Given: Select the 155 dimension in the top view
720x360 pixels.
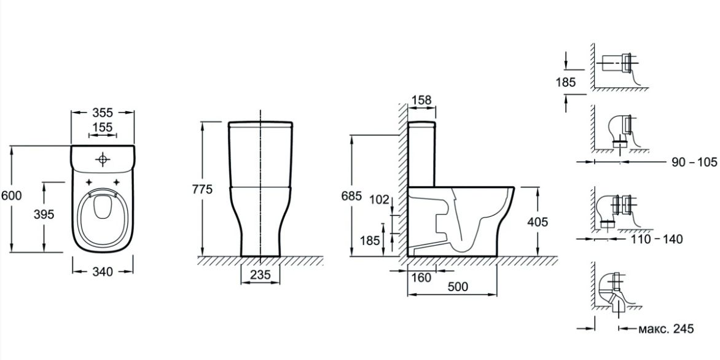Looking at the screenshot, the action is tap(102, 128).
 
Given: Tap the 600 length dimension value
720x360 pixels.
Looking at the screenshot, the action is tap(11, 195).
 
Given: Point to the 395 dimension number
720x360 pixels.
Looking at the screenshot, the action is tap(44, 214).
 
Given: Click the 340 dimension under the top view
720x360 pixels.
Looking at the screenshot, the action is tap(103, 272).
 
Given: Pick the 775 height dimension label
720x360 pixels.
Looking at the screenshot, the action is tap(203, 190).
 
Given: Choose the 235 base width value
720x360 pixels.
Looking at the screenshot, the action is tap(260, 275).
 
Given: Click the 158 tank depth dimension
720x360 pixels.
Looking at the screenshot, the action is tap(421, 100).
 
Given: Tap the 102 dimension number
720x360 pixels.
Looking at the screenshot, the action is tap(379, 200).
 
